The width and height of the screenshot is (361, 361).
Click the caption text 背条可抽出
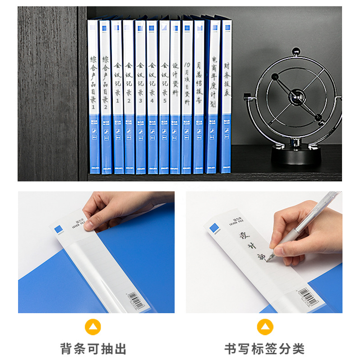tap(93, 348)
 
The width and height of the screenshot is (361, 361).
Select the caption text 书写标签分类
tap(265, 348)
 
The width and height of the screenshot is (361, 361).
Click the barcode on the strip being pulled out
tap(137, 299)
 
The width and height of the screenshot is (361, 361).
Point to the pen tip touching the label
tap(268, 259)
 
